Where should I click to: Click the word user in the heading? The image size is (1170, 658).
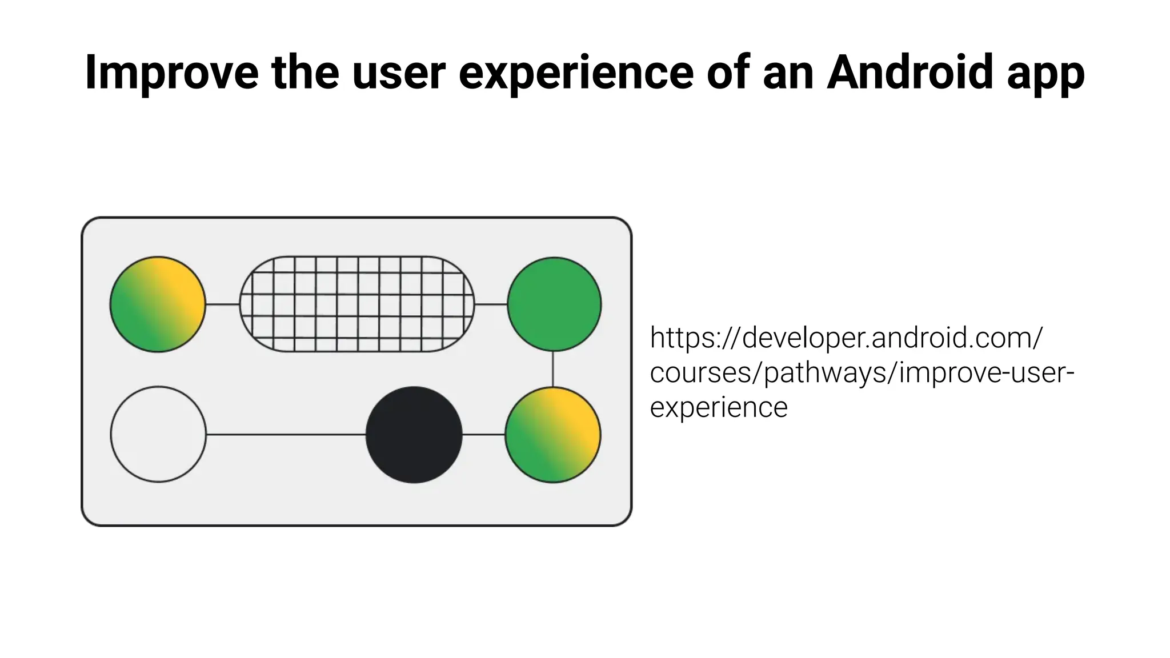pyautogui.click(x=398, y=73)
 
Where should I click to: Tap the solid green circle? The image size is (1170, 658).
pyautogui.click(x=554, y=304)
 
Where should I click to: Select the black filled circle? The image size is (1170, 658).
pyautogui.click(x=414, y=435)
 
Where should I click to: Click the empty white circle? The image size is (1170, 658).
pyautogui.click(x=158, y=435)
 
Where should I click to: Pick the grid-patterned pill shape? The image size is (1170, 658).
pyautogui.click(x=357, y=304)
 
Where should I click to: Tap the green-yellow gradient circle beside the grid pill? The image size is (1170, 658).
pyautogui.click(x=158, y=304)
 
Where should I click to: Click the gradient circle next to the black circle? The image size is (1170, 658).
pyautogui.click(x=553, y=435)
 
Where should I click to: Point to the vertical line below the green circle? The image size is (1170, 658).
pyautogui.click(x=553, y=369)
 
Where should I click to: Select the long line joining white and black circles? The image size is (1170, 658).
pyautogui.click(x=286, y=435)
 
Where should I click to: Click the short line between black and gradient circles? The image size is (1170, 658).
pyautogui.click(x=483, y=435)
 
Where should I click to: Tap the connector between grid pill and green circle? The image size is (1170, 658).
pyautogui.click(x=491, y=304)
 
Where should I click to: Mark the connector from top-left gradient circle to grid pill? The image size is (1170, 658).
pyautogui.click(x=222, y=304)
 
